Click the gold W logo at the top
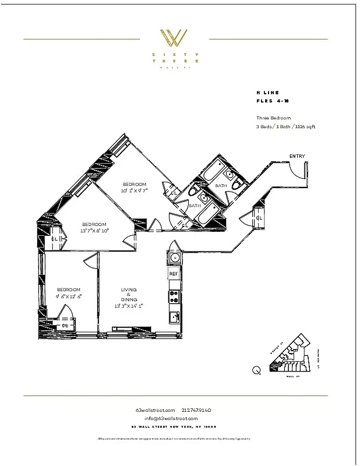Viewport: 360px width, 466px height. (174, 38)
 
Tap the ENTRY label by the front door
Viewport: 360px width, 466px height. (297, 156)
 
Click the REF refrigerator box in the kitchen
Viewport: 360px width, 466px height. (174, 273)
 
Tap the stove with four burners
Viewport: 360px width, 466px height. (174, 296)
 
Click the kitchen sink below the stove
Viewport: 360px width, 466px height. (174, 317)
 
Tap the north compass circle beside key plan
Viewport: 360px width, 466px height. (257, 369)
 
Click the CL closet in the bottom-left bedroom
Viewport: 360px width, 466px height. (65, 326)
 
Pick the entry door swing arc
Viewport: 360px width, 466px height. (297, 171)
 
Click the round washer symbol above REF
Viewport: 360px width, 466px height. (174, 257)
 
